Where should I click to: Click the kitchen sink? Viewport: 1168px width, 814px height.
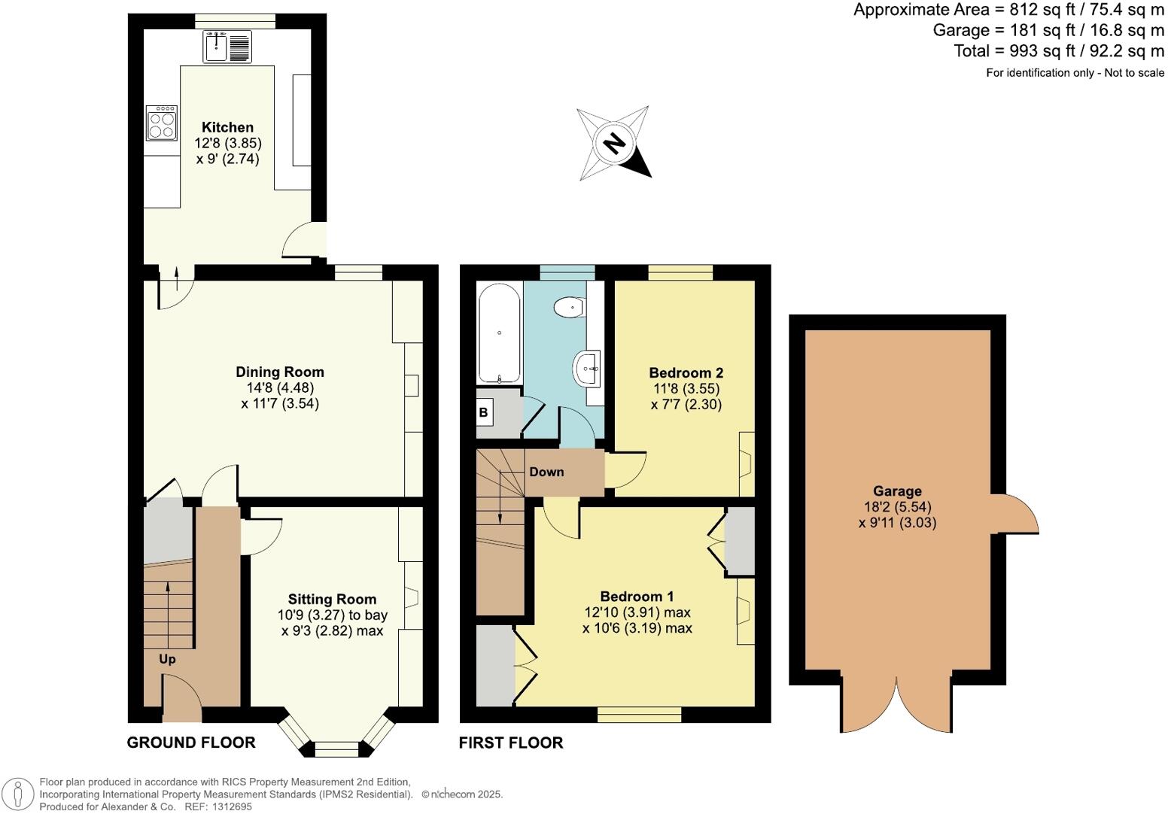[x=228, y=47]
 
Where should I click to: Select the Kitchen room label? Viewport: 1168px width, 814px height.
[x=227, y=127]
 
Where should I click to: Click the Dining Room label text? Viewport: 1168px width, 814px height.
[x=280, y=372]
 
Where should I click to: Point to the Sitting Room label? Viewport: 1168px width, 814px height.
[x=332, y=599]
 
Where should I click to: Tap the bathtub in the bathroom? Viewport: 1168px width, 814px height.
[x=499, y=333]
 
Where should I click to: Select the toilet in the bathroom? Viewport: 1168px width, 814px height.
[x=569, y=307]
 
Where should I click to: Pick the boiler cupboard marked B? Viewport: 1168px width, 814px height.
[x=484, y=412]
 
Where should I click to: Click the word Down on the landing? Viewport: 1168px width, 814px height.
[x=546, y=472]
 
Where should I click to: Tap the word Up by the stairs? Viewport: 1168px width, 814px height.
[x=167, y=659]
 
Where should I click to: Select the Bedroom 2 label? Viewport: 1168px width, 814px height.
[x=686, y=372]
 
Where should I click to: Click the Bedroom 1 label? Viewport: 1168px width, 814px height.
[x=637, y=596]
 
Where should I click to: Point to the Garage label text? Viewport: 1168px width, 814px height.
[x=897, y=491]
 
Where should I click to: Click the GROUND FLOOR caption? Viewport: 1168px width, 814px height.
[x=191, y=743]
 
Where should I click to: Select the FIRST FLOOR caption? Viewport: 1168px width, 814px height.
[x=511, y=743]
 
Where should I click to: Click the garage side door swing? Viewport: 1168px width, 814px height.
[x=1017, y=515]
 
